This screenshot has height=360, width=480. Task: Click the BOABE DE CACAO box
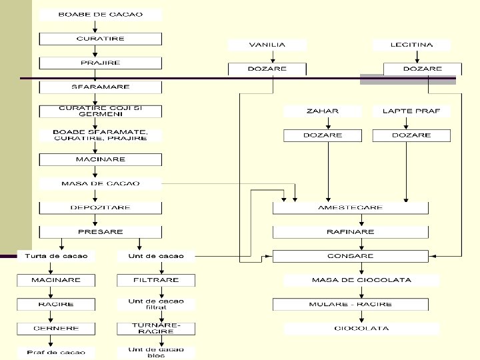pos(100,15)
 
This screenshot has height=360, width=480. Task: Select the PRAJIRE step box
pos(100,63)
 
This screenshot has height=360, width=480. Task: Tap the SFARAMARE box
pos(100,87)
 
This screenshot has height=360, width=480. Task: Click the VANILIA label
pos(267,45)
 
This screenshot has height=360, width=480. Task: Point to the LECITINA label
pos(411,45)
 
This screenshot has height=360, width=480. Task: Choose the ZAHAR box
pos(322,111)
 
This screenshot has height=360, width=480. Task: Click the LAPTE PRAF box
pos(411,111)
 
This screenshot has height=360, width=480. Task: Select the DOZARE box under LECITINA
pos(422,69)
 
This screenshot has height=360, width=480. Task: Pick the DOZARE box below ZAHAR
pos(322,135)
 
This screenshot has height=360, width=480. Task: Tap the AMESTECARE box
pos(351,207)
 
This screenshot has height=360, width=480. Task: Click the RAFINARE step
pos(351,232)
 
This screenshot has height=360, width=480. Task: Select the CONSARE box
pos(351,256)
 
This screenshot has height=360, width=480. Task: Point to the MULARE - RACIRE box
pos(351,304)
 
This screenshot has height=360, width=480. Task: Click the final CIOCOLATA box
pos(362,329)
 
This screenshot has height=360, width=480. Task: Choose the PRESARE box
pos(100,232)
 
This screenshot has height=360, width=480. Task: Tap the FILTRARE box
pos(156,280)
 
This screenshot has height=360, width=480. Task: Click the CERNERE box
pos(56,329)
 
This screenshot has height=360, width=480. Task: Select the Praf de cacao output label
pos(56,352)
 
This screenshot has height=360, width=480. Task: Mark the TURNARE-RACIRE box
pos(156,328)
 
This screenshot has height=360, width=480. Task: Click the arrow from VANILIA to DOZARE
pos(267,57)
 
